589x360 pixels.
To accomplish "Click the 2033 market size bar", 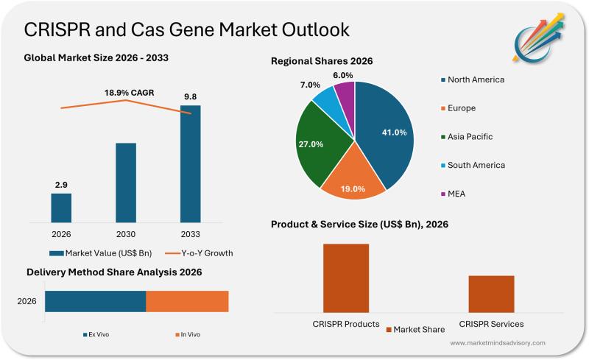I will point(190,163).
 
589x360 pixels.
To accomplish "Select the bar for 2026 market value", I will point(61,207).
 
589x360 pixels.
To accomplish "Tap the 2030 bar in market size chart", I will point(126,182).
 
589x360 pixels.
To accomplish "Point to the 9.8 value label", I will point(190,96).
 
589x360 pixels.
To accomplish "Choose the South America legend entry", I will point(471,165).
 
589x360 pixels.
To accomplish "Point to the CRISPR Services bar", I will point(491,293).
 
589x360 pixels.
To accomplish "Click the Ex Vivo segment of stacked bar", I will point(95,301).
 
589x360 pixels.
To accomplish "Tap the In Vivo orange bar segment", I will point(187,301).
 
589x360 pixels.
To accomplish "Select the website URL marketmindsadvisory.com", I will point(498,343).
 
